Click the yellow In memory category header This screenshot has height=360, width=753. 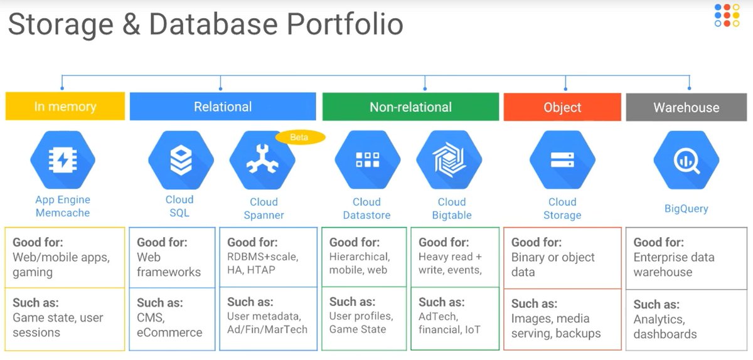65,107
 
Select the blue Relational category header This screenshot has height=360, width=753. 223,107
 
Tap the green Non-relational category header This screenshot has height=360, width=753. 410,107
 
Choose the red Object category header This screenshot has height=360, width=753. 562,107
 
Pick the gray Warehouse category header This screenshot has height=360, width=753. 686,107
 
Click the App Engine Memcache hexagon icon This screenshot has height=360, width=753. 63,160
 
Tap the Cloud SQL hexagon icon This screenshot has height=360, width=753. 181,160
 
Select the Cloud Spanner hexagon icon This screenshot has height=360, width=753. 262,161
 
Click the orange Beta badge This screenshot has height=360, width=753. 300,137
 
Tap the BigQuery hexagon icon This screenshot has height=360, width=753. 686,160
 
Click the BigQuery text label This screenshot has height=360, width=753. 686,209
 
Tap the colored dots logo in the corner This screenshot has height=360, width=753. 727,15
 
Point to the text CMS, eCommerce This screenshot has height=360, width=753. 169,326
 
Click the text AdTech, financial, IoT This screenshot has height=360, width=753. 450,323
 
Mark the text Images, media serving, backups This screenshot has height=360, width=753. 556,326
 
